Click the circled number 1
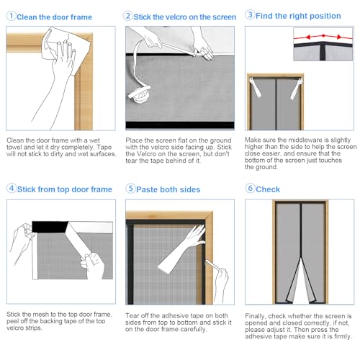click(11, 16)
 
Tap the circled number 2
click(127, 16)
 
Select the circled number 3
click(250, 14)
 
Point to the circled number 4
click(12, 188)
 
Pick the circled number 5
click(130, 189)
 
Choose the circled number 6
click(250, 188)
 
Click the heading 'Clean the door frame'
click(55, 17)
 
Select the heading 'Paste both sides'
click(168, 189)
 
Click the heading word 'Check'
click(268, 189)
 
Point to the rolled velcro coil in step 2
click(140, 94)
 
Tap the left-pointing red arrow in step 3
click(308, 37)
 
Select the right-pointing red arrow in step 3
click(338, 37)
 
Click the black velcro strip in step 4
click(50, 227)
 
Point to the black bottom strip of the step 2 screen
click(180, 125)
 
